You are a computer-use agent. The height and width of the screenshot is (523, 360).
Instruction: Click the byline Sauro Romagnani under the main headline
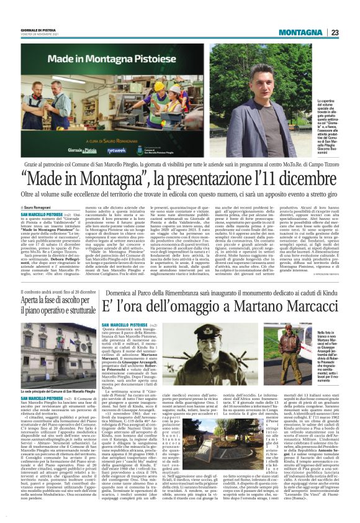(42, 207)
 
